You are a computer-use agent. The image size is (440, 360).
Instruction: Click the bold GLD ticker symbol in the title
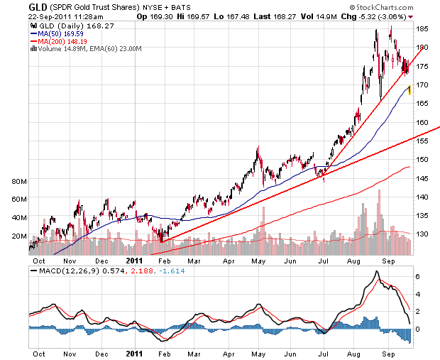pyautogui.click(x=38, y=6)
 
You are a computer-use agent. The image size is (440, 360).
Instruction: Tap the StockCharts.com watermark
pyautogui.click(x=382, y=7)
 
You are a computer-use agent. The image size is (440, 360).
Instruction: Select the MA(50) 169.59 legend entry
pyautogui.click(x=57, y=34)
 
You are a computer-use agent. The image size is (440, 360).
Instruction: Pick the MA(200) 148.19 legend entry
pyautogui.click(x=59, y=42)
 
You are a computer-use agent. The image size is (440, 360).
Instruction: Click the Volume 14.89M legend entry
pyautogui.click(x=63, y=49)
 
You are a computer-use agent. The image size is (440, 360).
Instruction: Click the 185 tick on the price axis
pyautogui.click(x=422, y=29)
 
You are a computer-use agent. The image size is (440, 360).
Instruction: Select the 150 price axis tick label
pyautogui.click(x=422, y=160)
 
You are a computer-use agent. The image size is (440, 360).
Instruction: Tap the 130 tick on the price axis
pyautogui.click(x=422, y=234)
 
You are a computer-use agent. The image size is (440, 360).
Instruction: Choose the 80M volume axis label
pyautogui.click(x=19, y=181)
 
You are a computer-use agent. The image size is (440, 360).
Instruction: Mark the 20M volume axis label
pyautogui.click(x=19, y=236)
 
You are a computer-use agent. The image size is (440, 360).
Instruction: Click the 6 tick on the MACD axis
pyautogui.click(x=417, y=277)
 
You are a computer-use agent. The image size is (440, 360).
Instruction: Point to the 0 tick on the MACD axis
pyautogui.click(x=417, y=329)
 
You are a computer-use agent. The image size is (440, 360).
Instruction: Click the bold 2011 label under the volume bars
pyautogui.click(x=134, y=261)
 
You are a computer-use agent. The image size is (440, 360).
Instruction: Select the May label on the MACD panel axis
pyautogui.click(x=258, y=354)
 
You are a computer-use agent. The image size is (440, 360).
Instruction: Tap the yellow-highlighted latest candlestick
pyautogui.click(x=409, y=90)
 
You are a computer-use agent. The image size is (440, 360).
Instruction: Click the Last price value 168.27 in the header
pyautogui.click(x=285, y=17)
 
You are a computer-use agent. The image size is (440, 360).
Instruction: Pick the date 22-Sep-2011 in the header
pyautogui.click(x=50, y=17)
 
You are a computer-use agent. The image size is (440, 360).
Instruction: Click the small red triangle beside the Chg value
pyautogui.click(x=411, y=17)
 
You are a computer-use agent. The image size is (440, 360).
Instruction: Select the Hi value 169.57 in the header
pyautogui.click(x=198, y=17)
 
